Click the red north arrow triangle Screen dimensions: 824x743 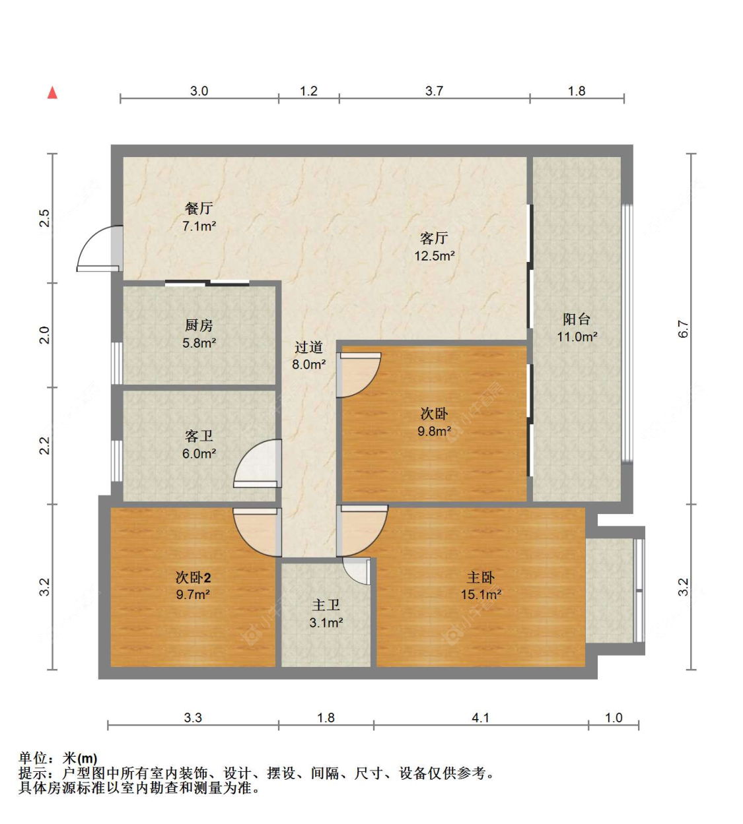52,92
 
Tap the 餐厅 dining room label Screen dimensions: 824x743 199,208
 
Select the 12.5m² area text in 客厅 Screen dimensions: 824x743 434,256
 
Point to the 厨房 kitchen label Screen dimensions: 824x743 199,325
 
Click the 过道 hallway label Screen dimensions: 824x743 308,347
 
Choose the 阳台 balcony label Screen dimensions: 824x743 577,319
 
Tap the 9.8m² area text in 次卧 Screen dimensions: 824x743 434,431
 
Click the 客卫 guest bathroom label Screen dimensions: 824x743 199,436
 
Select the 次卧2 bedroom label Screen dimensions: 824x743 193,577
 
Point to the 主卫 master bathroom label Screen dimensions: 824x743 326,605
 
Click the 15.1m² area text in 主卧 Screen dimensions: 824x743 481,594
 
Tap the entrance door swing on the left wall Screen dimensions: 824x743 98,249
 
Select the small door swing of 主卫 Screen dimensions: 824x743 357,571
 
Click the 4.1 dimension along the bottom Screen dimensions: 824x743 481,718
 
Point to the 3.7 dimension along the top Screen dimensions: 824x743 434,91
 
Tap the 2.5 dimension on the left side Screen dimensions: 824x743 44,218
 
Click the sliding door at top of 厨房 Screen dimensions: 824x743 207,283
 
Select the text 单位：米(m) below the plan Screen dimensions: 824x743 58,759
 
